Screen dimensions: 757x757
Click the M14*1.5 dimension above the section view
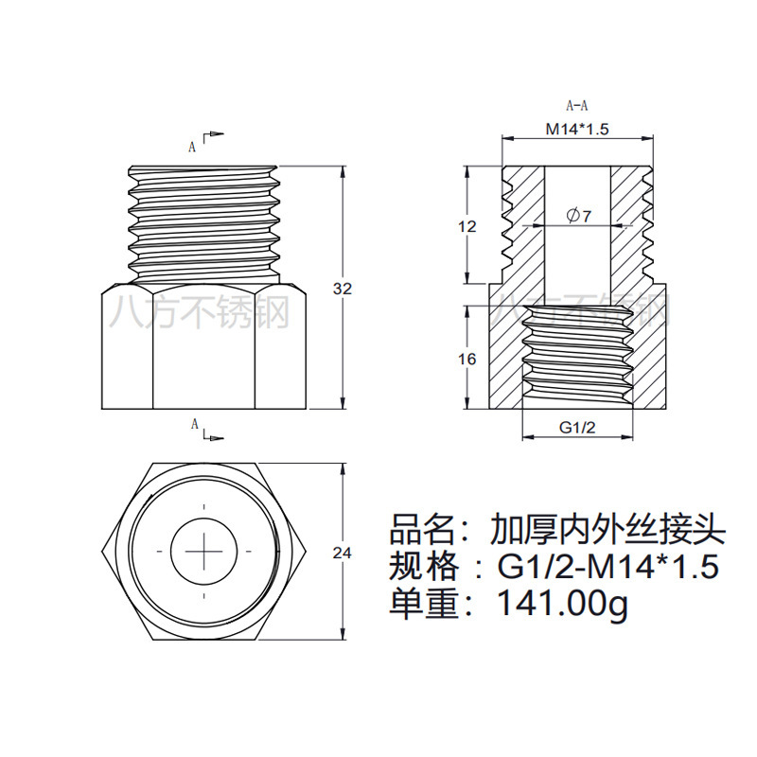coord(575,129)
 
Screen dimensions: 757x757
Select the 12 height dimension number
coord(467,226)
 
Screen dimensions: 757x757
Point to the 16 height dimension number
coord(467,359)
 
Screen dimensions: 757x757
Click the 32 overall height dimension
coord(343,289)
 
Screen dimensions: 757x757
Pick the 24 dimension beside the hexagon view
coord(343,553)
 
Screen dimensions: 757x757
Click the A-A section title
coord(576,106)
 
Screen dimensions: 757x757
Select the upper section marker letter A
coord(192,147)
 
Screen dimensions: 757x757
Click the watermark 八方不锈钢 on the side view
coord(200,311)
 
